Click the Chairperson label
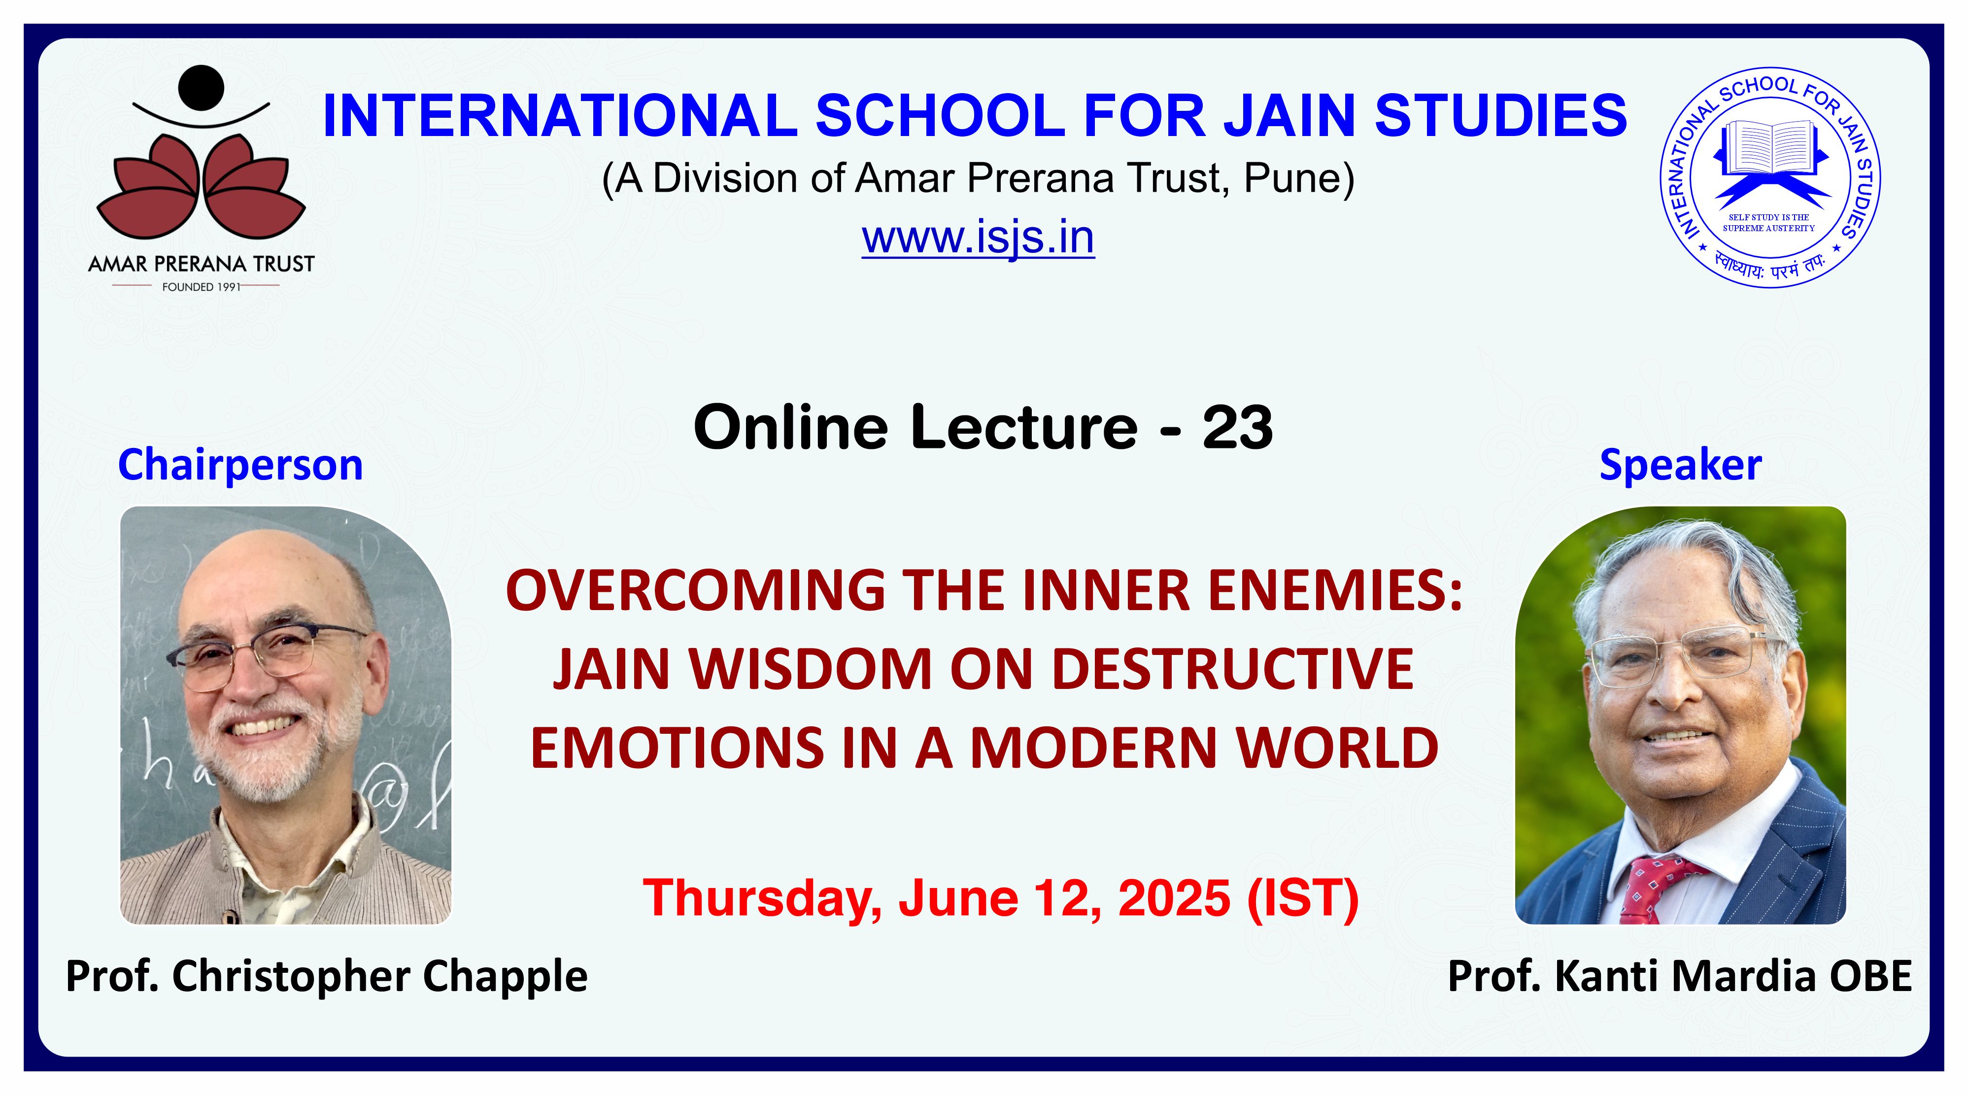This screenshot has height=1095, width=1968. [x=240, y=465]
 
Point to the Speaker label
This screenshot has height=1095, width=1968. [x=1681, y=465]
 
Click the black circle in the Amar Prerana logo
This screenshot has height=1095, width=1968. [x=201, y=87]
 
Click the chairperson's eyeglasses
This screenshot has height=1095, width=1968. [x=268, y=654]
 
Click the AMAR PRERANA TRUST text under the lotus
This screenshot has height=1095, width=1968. [x=201, y=265]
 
